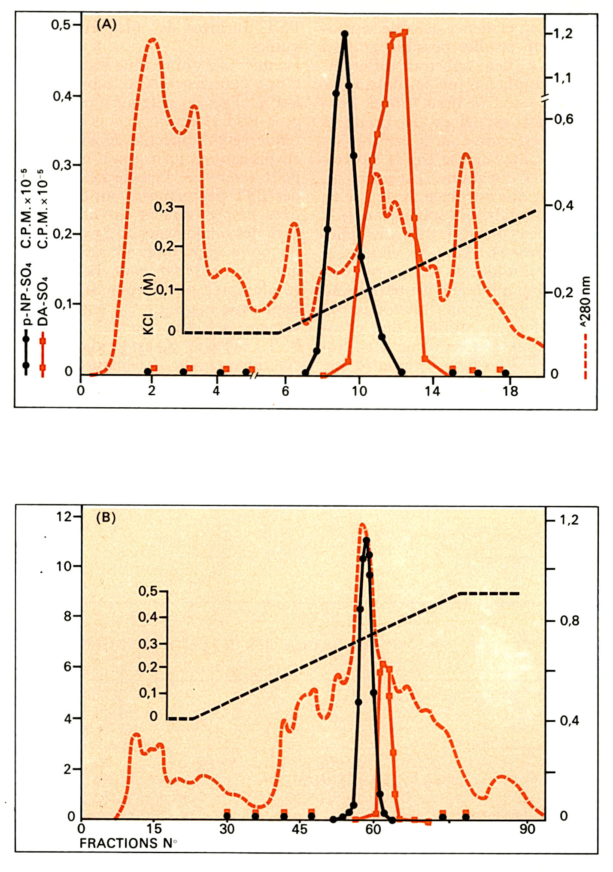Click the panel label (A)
coord(106,25)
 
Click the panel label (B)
coord(106,518)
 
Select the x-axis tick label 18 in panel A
coord(510,391)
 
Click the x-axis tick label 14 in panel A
coord(433,391)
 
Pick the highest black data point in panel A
coord(344,34)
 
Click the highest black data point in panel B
coord(366,541)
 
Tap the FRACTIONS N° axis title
coord(128,843)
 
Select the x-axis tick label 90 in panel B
coord(527,829)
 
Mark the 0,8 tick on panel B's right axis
coord(569,621)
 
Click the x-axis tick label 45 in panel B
coord(300,829)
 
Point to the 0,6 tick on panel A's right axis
coord(564,119)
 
